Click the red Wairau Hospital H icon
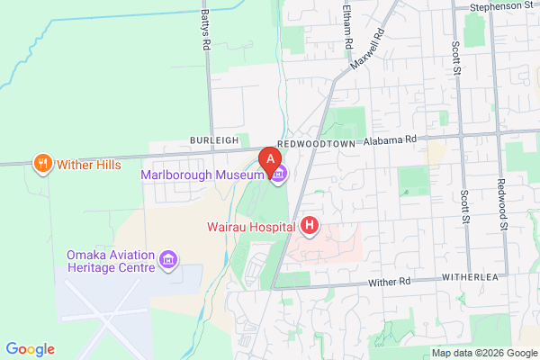309,225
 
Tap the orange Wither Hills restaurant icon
41,164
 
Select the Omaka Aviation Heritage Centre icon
166,261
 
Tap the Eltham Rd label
346,20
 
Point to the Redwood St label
502,202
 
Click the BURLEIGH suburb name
214,141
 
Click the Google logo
30,349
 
